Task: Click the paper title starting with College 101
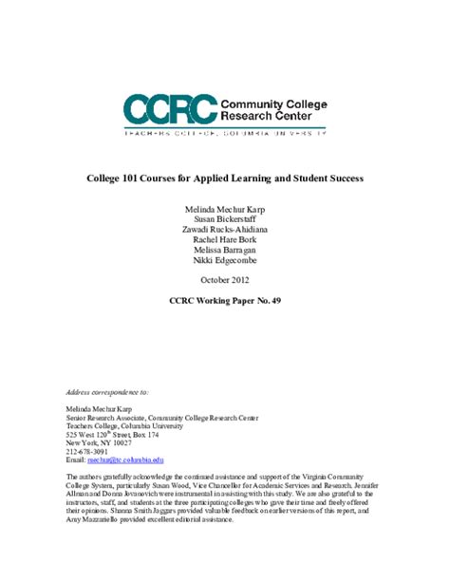(225, 178)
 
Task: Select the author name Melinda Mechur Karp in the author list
(225, 207)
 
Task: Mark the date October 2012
(225, 279)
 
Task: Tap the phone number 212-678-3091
(87, 450)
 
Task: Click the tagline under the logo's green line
(225, 135)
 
